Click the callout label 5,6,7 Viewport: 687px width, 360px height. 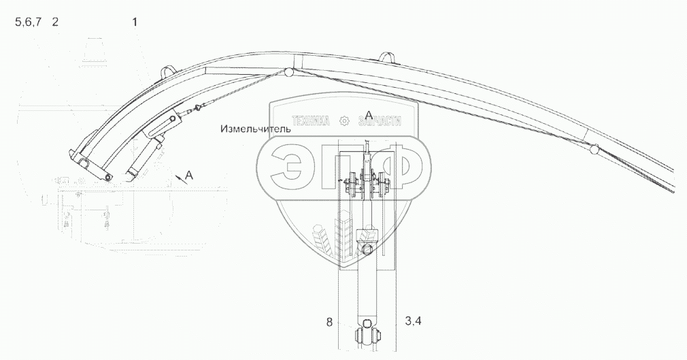coord(29,22)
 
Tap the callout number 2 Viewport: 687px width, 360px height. coord(55,22)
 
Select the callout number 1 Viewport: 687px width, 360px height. coord(135,22)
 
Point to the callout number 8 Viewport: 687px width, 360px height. coord(329,323)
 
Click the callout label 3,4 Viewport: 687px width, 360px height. coord(413,321)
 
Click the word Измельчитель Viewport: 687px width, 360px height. coord(256,129)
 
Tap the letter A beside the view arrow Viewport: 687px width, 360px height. coord(189,176)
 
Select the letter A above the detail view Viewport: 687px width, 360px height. coord(369,115)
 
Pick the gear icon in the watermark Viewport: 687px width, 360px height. coord(344,120)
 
